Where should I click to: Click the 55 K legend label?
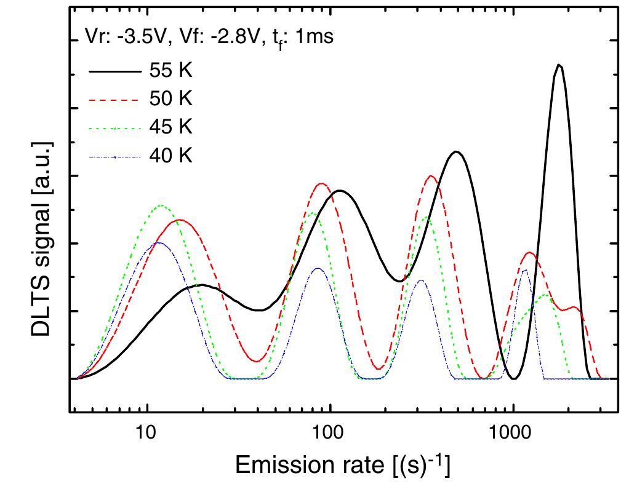[x=170, y=71]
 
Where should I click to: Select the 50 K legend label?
[x=170, y=99]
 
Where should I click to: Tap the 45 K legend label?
[x=170, y=127]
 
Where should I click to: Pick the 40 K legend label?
[x=170, y=156]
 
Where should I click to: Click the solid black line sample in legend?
[x=113, y=71]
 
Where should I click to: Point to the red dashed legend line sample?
[x=113, y=100]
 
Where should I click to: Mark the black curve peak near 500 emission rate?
[x=455, y=151]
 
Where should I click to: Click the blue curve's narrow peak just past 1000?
[x=524, y=269]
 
